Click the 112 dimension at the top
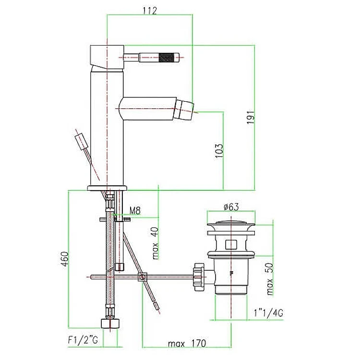coord(150,11)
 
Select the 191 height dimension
coord(251,117)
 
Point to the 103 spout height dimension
coord(219,151)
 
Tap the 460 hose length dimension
coord(65,259)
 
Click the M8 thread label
coord(135,210)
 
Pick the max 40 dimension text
coord(156,243)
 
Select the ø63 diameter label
coord(231,207)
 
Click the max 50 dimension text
coord(270,279)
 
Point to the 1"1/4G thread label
coord(268,313)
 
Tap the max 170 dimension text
coord(187,344)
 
